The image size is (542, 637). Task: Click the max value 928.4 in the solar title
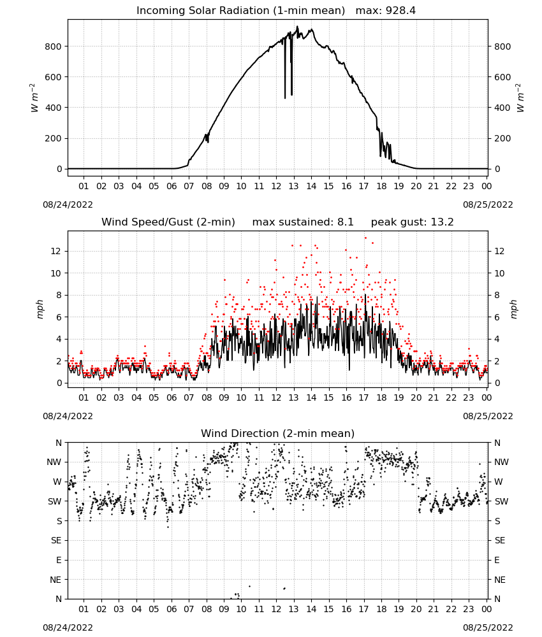pyautogui.click(x=400, y=11)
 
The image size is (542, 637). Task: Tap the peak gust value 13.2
pyautogui.click(x=441, y=222)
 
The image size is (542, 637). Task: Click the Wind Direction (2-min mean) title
pyautogui.click(x=278, y=433)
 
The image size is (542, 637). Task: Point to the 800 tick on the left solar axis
pyautogui.click(x=53, y=47)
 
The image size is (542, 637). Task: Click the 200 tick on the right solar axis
pyautogui.click(x=502, y=138)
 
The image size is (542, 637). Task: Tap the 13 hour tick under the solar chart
pyautogui.click(x=293, y=186)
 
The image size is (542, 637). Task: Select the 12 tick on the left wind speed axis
pyautogui.click(x=55, y=251)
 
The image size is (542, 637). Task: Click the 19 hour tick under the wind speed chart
pyautogui.click(x=399, y=397)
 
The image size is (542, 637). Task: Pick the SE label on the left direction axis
pyautogui.click(x=56, y=540)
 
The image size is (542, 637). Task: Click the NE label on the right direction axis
pyautogui.click(x=500, y=580)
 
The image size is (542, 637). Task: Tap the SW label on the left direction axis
pyautogui.click(x=55, y=501)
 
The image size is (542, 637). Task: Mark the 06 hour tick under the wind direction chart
pyautogui.click(x=172, y=609)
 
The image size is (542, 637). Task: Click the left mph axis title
pyautogui.click(x=40, y=309)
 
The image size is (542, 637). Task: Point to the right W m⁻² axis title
pyautogui.click(x=520, y=98)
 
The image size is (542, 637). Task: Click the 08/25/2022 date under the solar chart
pyautogui.click(x=488, y=204)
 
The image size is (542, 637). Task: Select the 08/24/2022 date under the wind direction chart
pyautogui.click(x=68, y=627)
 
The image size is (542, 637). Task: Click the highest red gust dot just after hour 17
pyautogui.click(x=365, y=238)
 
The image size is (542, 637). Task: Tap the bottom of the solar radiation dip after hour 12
pyautogui.click(x=285, y=97)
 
